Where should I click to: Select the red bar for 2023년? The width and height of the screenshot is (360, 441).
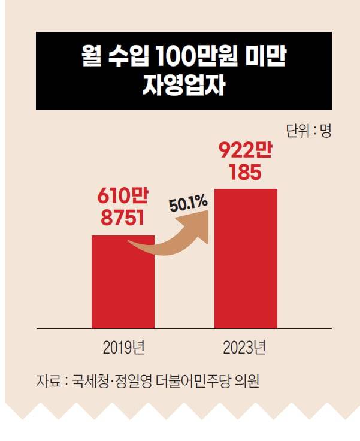click(x=246, y=258)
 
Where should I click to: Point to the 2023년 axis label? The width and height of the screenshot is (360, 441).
click(x=244, y=347)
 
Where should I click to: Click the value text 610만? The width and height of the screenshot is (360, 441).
click(x=123, y=196)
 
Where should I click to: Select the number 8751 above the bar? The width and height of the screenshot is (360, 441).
click(x=123, y=218)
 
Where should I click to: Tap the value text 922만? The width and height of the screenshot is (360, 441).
click(x=246, y=150)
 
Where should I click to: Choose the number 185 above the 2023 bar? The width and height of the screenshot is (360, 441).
click(x=246, y=173)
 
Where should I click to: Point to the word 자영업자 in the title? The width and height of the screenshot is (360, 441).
click(x=183, y=86)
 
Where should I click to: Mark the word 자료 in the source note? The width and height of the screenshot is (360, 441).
click(x=47, y=381)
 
